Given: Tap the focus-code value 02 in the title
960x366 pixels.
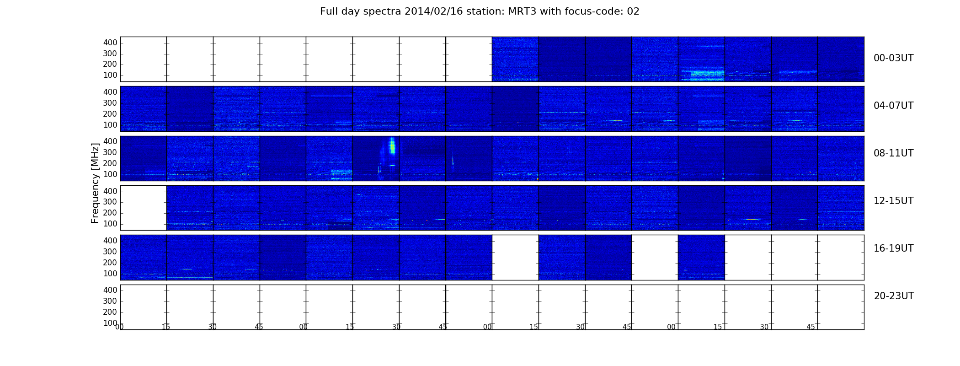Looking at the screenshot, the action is [x=633, y=11].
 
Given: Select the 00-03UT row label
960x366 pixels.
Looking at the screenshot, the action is [x=893, y=58].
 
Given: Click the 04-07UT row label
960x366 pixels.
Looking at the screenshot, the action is [x=893, y=106].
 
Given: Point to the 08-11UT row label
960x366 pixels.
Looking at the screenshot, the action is [x=893, y=153].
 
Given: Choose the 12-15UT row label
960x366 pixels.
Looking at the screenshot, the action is [x=893, y=201].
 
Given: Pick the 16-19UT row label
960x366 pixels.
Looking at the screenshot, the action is [x=893, y=248].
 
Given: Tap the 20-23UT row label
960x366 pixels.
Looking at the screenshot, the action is [x=894, y=296].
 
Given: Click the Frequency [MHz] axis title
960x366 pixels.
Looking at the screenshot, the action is [x=95, y=183].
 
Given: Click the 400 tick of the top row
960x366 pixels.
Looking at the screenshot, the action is [x=110, y=43].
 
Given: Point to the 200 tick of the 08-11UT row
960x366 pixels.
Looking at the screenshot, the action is [x=110, y=163].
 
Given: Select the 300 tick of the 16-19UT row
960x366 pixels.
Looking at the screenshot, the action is [x=110, y=252].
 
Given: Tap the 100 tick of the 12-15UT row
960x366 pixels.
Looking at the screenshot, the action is [x=110, y=224].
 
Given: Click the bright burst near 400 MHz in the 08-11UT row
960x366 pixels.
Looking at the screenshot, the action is [x=392, y=146].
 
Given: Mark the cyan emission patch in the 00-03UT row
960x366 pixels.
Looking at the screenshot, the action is [x=708, y=73].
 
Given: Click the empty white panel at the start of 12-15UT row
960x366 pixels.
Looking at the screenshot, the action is [x=144, y=208].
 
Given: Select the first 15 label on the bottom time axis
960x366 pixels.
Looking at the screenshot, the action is [x=165, y=327].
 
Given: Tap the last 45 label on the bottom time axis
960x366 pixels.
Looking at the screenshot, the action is [x=811, y=327].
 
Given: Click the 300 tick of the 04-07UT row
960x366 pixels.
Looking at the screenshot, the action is [x=110, y=103].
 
